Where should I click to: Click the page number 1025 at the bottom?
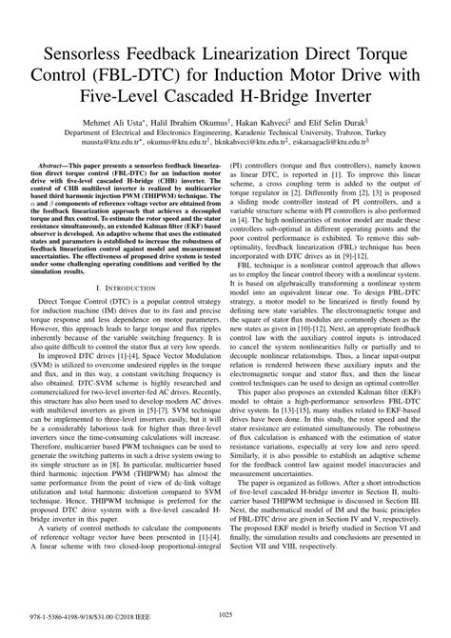(x=225, y=616)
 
